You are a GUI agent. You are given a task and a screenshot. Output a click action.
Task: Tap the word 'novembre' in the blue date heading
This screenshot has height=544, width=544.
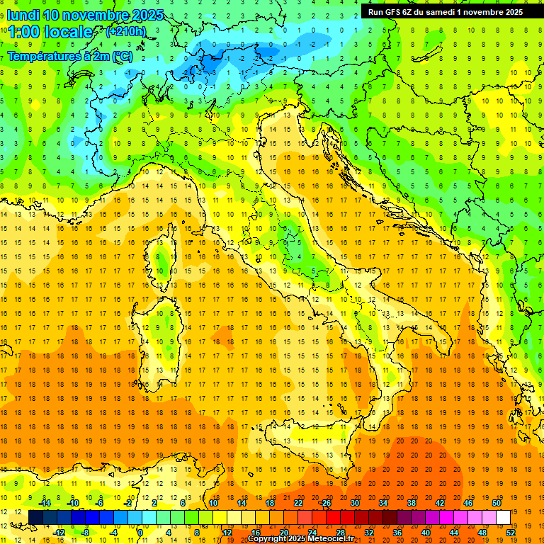[95, 15]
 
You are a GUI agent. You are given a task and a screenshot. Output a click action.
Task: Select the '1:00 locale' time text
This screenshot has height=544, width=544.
[50, 33]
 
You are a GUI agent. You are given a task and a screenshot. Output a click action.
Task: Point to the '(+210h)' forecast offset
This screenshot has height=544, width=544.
[125, 32]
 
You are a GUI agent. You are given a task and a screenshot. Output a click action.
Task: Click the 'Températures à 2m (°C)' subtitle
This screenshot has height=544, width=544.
[69, 56]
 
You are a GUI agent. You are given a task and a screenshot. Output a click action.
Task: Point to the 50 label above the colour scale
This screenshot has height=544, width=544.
[496, 503]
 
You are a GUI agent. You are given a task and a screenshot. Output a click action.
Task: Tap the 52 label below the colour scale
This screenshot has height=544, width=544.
[510, 532]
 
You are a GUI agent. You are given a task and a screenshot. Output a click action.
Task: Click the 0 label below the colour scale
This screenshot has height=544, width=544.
[140, 532]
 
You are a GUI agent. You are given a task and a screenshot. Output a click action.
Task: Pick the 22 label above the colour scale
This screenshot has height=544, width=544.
[298, 503]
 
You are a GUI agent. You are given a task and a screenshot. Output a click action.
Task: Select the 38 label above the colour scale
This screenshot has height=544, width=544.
[411, 503]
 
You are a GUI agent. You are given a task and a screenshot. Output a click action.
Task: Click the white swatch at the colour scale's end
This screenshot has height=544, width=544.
[503, 517]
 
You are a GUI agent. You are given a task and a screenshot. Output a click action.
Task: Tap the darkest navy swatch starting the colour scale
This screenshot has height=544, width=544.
[35, 517]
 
